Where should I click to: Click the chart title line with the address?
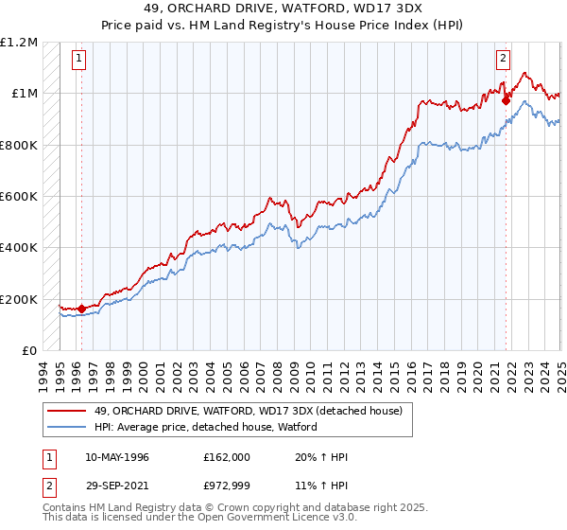tap(283, 9)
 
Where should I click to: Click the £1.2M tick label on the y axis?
tap(19, 43)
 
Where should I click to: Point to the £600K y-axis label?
tap(19, 197)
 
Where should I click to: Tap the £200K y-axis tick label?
tap(19, 299)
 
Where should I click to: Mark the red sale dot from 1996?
tap(81, 309)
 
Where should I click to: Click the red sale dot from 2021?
tap(507, 97)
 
